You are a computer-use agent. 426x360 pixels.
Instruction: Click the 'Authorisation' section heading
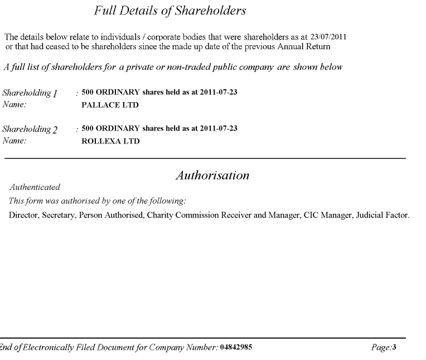(212, 176)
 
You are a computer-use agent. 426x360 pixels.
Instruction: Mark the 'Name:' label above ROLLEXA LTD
(14, 141)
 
